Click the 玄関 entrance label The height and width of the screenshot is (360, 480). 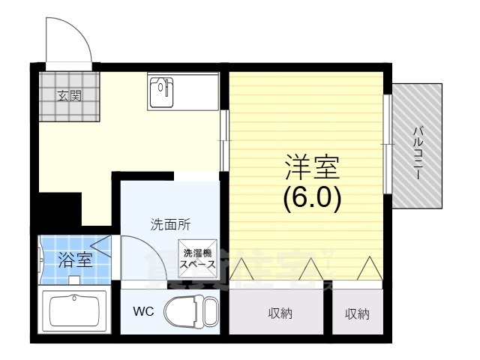(x=70, y=95)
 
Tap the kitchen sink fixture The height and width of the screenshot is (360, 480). (x=160, y=91)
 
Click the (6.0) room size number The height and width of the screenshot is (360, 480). (x=312, y=196)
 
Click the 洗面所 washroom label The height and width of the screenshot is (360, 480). (x=170, y=223)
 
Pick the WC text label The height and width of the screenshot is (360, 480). (x=143, y=311)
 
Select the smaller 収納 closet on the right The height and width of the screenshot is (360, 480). (x=357, y=313)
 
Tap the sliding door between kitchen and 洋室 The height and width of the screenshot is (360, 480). (x=223, y=139)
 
